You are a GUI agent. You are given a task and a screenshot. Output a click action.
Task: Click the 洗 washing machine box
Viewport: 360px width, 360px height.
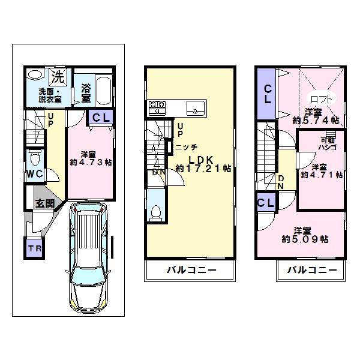coord(57,76)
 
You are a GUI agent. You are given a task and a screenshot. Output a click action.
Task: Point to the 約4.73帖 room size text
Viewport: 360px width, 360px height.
coord(85,162)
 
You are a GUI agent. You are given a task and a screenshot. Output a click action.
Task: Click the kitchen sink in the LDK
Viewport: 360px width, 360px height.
coord(197,109)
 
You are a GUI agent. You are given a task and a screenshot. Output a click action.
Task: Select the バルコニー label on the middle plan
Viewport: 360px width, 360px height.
coord(188,270)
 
